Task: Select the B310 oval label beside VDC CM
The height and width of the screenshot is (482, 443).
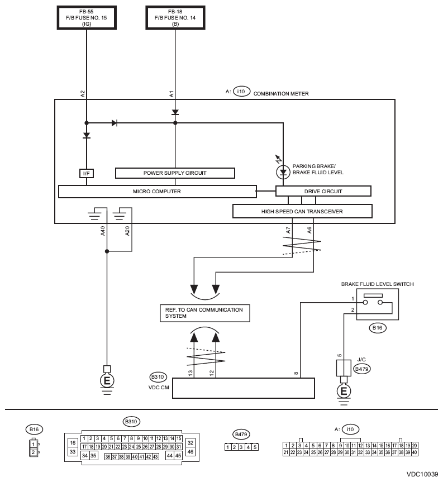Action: click(x=158, y=377)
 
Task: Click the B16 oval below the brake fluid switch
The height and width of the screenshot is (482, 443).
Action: click(x=377, y=328)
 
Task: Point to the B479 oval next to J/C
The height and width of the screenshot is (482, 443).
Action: click(x=361, y=369)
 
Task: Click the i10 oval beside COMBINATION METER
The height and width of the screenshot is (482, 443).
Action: click(x=241, y=91)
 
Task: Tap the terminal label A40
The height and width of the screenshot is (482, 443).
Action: click(x=103, y=231)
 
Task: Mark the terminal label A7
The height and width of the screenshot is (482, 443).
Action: click(x=288, y=230)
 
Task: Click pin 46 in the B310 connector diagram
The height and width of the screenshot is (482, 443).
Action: click(x=190, y=452)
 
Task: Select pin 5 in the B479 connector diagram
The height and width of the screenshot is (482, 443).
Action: click(x=255, y=447)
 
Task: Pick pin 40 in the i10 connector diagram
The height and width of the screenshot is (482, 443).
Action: click(x=415, y=452)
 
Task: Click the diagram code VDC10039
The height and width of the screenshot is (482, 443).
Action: click(x=422, y=474)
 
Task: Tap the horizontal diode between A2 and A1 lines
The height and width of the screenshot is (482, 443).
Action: click(x=115, y=123)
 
